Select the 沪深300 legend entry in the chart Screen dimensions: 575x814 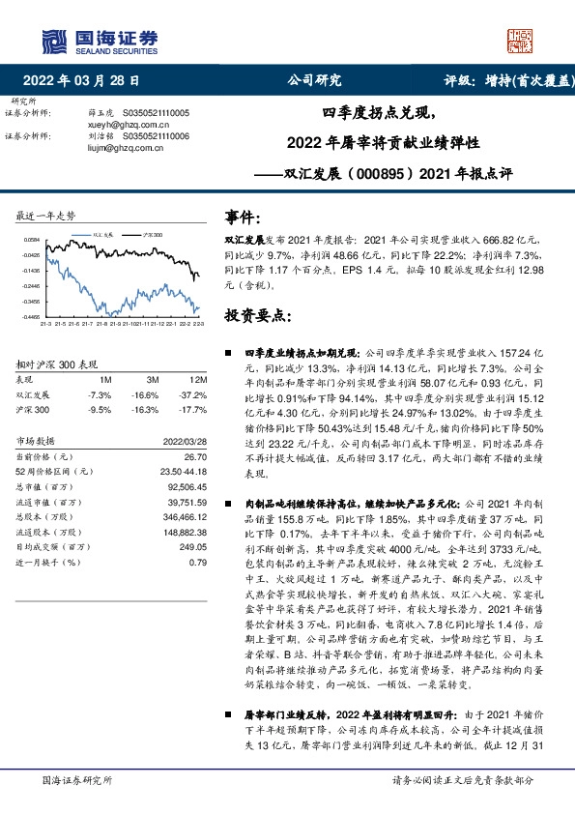pos(153,235)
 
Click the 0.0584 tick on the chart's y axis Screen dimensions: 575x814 pos(32,240)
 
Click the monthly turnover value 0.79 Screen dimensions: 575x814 pos(198,562)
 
